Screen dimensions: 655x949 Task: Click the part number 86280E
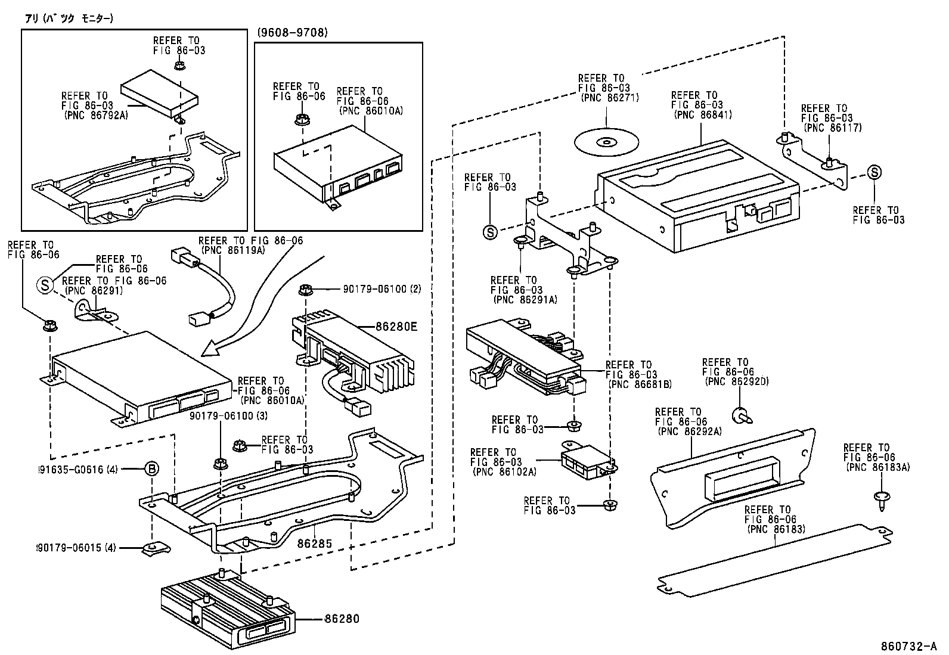point(396,327)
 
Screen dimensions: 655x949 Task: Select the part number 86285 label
point(315,544)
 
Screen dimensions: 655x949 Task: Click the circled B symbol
point(152,470)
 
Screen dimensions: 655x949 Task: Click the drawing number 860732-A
point(909,646)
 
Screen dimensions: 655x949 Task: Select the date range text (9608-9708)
point(293,33)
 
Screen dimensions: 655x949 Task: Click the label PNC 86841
point(703,115)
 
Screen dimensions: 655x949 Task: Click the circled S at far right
point(874,173)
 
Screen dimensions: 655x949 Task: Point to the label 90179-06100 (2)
point(382,289)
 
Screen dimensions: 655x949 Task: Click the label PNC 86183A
point(877,467)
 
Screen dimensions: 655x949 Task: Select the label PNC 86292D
point(736,381)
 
